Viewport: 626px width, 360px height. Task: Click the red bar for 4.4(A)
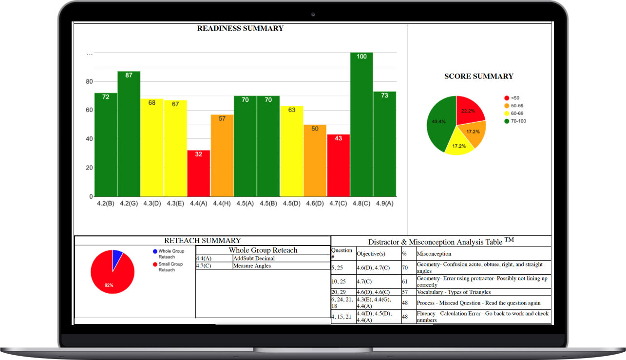coord(198,173)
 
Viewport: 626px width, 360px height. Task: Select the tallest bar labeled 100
coord(361,124)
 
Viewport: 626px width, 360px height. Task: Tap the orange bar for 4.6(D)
coord(315,160)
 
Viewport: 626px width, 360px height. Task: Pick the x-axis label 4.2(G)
coord(129,204)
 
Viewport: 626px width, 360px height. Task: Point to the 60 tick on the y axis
coord(89,110)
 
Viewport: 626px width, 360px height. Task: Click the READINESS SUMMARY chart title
coord(240,28)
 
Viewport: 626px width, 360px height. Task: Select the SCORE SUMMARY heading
coord(478,76)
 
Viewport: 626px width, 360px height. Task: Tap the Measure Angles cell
coord(251,266)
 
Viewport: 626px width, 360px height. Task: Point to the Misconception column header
coord(434,254)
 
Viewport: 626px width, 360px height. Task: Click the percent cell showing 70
coord(405,267)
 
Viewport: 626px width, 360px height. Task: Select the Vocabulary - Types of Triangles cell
coord(454,292)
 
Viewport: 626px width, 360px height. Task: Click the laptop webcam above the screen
coord(313,14)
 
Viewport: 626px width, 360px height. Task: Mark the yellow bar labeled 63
coord(291,151)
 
